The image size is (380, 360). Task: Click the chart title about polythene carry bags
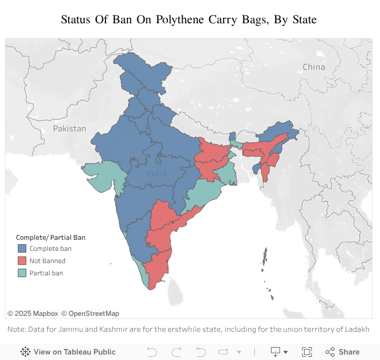[x=189, y=19]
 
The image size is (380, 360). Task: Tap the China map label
[x=314, y=67]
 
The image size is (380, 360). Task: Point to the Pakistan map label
[x=69, y=128]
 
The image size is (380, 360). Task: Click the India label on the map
[x=156, y=174]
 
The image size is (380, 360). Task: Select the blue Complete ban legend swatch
[x=21, y=248]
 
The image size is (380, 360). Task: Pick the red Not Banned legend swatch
[x=21, y=261]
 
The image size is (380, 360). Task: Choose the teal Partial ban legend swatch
[x=21, y=273]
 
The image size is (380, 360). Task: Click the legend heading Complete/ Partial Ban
[x=50, y=237]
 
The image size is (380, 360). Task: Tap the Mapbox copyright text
[x=32, y=313]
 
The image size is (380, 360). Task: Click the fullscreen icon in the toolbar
[x=307, y=351]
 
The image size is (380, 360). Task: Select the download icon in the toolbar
[x=276, y=351]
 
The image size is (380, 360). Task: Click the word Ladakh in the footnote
[x=356, y=329]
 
